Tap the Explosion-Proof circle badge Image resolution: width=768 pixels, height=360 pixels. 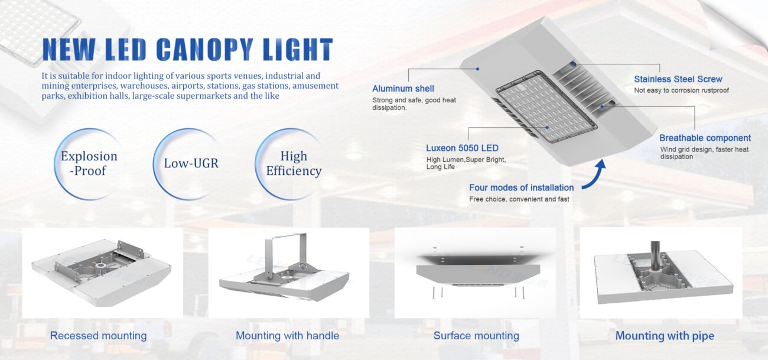tap(89, 163)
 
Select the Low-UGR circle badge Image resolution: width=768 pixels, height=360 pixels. tap(191, 163)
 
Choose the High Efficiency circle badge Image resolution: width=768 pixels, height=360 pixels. tap(293, 164)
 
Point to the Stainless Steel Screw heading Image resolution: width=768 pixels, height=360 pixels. tap(678, 79)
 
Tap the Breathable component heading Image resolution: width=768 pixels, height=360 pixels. tap(705, 138)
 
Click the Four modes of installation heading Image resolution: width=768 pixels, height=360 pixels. tap(521, 187)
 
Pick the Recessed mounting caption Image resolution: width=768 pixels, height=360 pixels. tap(98, 336)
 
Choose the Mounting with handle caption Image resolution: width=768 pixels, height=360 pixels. tap(287, 336)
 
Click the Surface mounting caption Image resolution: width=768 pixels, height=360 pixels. tap(476, 336)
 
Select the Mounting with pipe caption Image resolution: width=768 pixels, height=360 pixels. tap(665, 336)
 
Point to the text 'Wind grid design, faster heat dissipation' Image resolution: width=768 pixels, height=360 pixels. tap(704, 153)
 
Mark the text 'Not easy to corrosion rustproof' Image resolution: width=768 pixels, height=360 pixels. tap(681, 90)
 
